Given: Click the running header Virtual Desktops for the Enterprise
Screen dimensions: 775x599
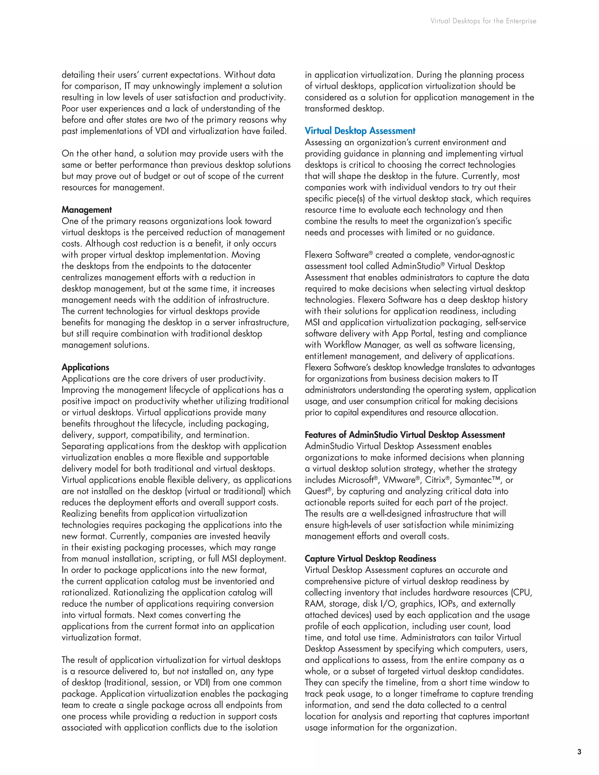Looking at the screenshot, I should pos(483,21).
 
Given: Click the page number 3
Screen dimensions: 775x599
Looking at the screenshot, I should pos(579,752).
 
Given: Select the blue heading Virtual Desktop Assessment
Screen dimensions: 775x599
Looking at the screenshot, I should pos(360,131).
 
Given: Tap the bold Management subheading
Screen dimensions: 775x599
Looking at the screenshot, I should pos(87,210).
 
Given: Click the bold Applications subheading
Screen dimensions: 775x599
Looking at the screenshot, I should pos(85,367).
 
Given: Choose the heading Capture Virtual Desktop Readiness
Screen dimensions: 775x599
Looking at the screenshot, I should pos(370,559).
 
